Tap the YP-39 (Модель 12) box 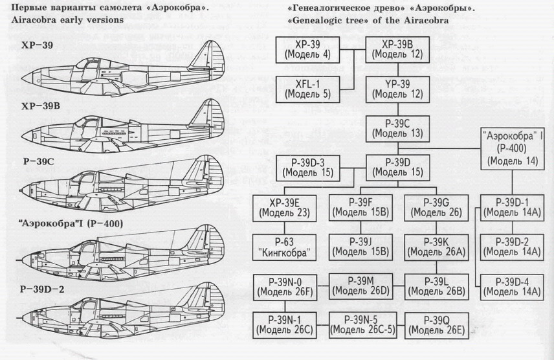tap(394, 89)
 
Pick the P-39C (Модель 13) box tap(394, 128)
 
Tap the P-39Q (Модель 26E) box tap(434, 325)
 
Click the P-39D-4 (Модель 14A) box tap(513, 286)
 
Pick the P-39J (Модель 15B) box tap(359, 247)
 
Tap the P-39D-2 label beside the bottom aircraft tap(24, 288)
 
